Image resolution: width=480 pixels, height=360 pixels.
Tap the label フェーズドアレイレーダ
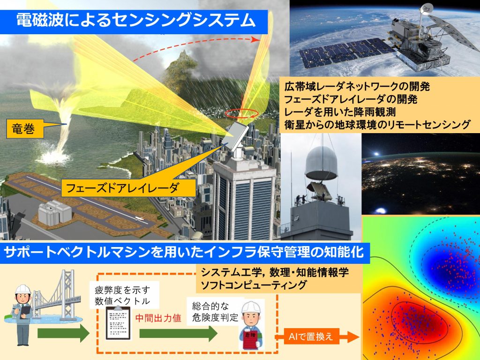[122, 187]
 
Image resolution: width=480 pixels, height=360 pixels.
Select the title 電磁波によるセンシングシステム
[135, 21]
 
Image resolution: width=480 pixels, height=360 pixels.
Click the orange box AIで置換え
[310, 337]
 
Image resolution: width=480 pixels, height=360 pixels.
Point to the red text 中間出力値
[158, 318]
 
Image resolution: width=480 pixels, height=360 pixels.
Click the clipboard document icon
[118, 322]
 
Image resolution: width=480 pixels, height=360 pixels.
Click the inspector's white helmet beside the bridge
[23, 289]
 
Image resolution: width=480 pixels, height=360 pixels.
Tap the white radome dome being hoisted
[322, 163]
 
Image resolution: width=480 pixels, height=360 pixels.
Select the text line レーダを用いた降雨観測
[340, 112]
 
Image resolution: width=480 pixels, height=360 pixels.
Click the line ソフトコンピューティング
[254, 285]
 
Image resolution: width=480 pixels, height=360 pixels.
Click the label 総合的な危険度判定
[215, 312]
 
